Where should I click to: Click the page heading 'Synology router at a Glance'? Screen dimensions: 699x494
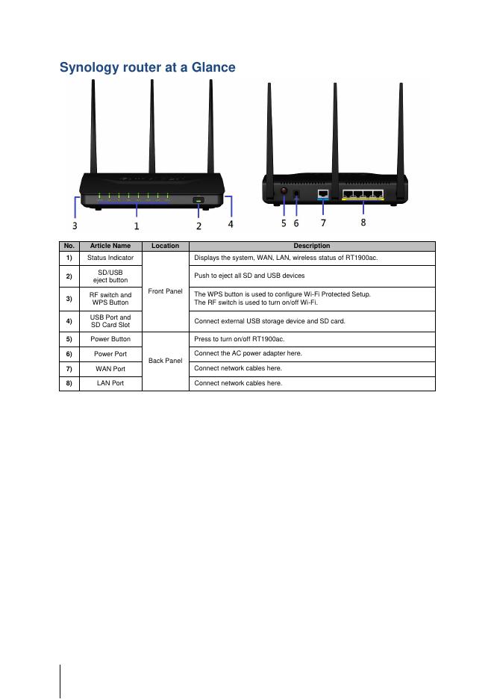pyautogui.click(x=147, y=68)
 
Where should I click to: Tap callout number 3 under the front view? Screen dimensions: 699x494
pyautogui.click(x=75, y=224)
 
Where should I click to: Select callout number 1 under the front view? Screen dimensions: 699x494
pyautogui.click(x=137, y=225)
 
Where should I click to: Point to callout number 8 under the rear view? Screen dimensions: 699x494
pyautogui.click(x=363, y=223)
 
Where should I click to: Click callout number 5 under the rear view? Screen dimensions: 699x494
pyautogui.click(x=284, y=223)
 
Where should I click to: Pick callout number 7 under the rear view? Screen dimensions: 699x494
pyautogui.click(x=323, y=223)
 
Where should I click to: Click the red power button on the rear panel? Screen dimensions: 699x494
pyautogui.click(x=284, y=193)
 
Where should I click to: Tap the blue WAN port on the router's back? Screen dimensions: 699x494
pyautogui.click(x=323, y=194)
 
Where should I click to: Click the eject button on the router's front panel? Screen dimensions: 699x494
pyautogui.click(x=199, y=199)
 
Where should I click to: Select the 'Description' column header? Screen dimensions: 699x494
pyautogui.click(x=312, y=246)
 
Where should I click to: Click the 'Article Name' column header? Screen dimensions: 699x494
pyautogui.click(x=110, y=246)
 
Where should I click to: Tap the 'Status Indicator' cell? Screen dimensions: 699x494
pyautogui.click(x=110, y=258)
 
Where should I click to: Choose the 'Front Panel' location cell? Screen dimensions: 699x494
pyautogui.click(x=166, y=291)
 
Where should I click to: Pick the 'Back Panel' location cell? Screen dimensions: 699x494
pyautogui.click(x=166, y=361)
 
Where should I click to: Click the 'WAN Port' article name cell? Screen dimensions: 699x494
pyautogui.click(x=110, y=369)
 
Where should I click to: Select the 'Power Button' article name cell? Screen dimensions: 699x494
pyautogui.click(x=110, y=339)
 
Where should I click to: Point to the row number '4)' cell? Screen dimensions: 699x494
pyautogui.click(x=69, y=321)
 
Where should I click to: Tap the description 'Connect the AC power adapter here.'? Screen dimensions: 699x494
pyautogui.click(x=248, y=353)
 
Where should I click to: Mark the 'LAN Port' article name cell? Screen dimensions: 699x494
pyautogui.click(x=110, y=383)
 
